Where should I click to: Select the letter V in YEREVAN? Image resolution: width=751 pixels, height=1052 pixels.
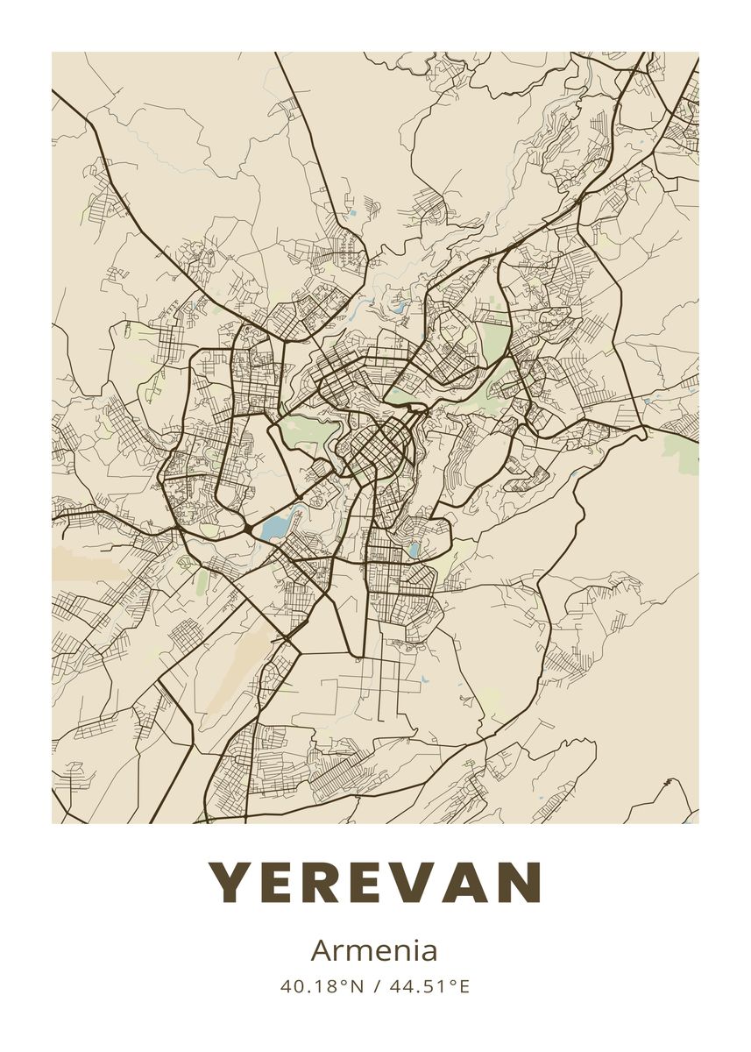tap(419, 882)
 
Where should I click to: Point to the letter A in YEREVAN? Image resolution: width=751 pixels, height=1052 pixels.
tap(470, 882)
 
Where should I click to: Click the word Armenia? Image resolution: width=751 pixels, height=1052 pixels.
tap(374, 950)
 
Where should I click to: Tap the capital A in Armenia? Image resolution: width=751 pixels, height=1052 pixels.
tap(321, 950)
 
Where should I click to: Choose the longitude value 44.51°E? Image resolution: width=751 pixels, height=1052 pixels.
tap(429, 986)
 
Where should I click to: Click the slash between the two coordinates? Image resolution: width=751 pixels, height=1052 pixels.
tap(375, 986)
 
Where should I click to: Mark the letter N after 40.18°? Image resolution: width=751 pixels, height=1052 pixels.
tap(356, 986)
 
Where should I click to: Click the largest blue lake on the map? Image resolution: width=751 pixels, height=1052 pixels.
tap(274, 526)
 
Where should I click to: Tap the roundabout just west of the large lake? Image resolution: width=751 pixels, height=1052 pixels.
tap(252, 530)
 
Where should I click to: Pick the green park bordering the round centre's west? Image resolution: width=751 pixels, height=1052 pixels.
tap(307, 434)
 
